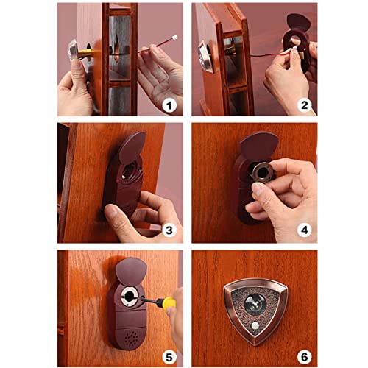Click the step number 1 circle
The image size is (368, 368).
point(169,106)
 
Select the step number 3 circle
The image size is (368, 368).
point(169,230)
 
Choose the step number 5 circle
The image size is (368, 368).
point(169,357)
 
